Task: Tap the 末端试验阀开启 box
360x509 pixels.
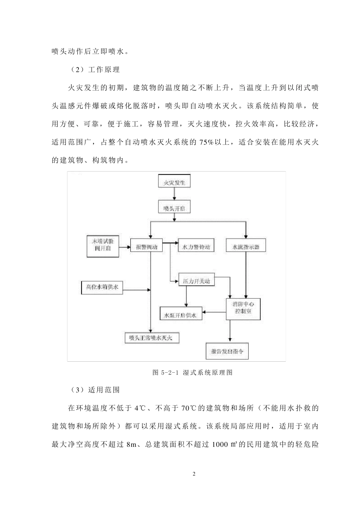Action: pyautogui.click(x=103, y=247)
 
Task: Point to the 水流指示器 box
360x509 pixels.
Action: pyautogui.click(x=246, y=247)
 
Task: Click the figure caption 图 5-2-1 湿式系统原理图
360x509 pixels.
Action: pyautogui.click(x=192, y=372)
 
